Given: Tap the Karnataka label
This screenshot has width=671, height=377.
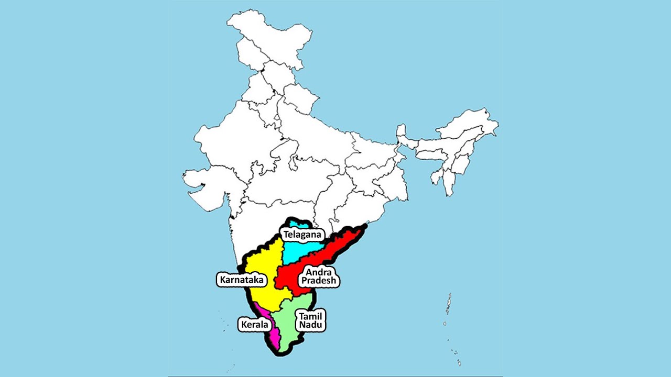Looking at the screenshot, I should click(242, 280).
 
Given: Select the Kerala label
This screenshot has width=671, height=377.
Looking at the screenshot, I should click(254, 324).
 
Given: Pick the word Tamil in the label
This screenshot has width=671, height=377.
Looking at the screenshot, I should click(311, 316).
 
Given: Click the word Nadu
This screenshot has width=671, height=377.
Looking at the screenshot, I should click(311, 325).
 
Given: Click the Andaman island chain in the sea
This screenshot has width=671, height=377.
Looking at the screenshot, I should click(449, 304).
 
